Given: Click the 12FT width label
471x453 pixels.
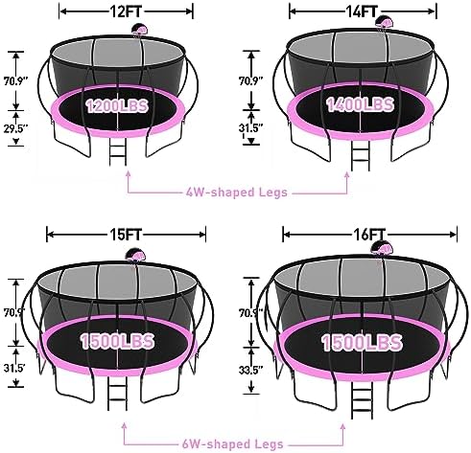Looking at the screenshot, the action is point(126,11).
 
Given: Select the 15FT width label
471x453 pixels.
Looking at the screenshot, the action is point(126,235).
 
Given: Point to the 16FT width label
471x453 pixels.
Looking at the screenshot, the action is point(369,235).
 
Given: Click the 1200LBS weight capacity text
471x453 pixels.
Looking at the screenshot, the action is point(117,106).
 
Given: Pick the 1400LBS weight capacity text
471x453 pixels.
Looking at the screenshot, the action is point(360,104).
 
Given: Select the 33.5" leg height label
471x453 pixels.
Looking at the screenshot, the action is point(250,370).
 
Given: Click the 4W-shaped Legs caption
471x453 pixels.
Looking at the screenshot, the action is point(237,193).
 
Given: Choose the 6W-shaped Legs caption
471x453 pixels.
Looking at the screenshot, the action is point(233,443).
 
